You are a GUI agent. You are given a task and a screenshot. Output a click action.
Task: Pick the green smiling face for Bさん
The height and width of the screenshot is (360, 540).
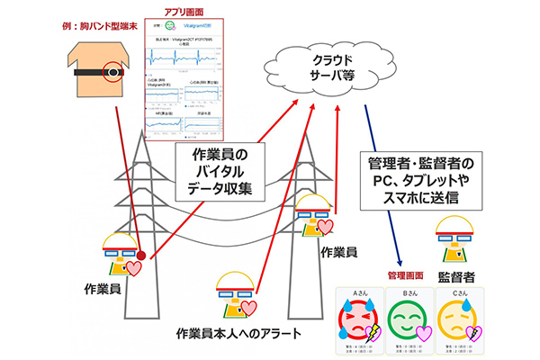407,319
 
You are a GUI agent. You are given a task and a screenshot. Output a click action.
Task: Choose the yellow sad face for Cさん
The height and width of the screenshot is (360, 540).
454,319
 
